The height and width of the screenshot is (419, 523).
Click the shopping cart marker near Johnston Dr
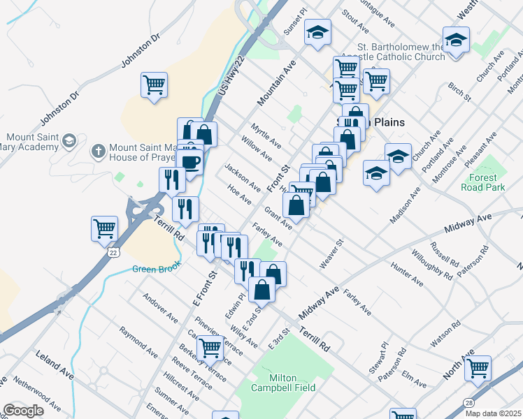pyautogui.click(x=154, y=85)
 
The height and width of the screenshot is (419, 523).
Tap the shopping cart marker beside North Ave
pyautogui.click(x=478, y=368)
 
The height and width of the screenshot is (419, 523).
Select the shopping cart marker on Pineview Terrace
pyautogui.click(x=210, y=347)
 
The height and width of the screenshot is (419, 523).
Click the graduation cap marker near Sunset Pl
pyautogui.click(x=318, y=32)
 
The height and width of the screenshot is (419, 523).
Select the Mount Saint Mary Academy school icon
pyautogui.click(x=69, y=142)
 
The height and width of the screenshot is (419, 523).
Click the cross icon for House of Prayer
pyautogui.click(x=99, y=150)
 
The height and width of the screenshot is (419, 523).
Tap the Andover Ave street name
pyautogui.click(x=160, y=308)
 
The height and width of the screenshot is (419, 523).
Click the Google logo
pyautogui.click(x=24, y=411)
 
